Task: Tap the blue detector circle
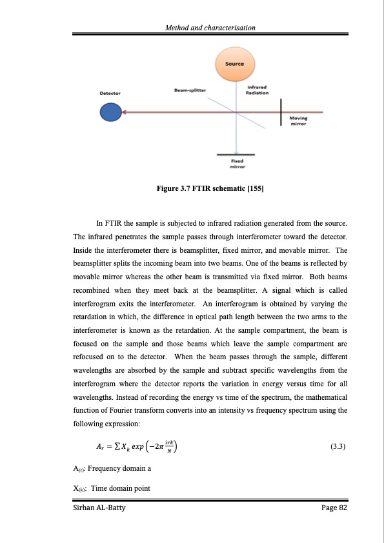click(x=109, y=112)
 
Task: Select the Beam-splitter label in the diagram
click(x=190, y=90)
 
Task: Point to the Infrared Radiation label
click(x=258, y=90)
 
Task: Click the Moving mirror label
click(x=298, y=121)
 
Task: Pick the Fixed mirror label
click(x=238, y=163)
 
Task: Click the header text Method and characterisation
click(x=211, y=28)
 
